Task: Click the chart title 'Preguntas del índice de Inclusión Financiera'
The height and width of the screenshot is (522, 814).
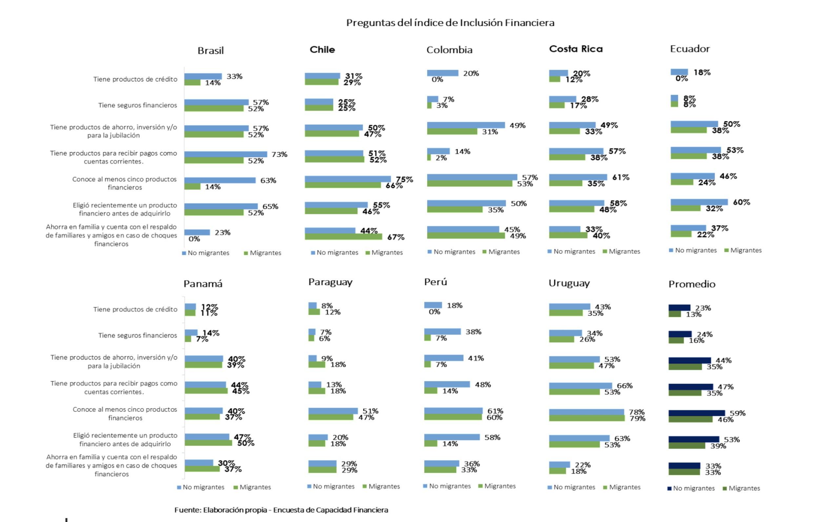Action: (x=450, y=23)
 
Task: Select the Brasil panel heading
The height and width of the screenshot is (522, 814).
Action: (x=211, y=50)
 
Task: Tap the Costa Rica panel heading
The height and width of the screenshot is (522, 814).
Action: (x=576, y=49)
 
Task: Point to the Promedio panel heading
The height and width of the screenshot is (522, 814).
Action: (x=692, y=284)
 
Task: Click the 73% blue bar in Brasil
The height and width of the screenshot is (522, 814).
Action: (x=225, y=154)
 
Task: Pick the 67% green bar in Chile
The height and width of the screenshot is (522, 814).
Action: (x=343, y=237)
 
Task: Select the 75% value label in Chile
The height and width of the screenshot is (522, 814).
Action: (x=404, y=179)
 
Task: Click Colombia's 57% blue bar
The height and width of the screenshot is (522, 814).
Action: (x=472, y=177)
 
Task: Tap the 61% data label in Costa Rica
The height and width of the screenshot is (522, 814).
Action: (x=621, y=177)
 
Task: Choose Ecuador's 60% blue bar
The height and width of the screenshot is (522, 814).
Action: (x=699, y=202)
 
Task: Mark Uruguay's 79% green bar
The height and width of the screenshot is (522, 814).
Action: (x=586, y=418)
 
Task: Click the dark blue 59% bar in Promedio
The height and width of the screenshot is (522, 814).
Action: (x=696, y=413)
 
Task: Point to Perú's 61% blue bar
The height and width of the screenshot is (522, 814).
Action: (x=453, y=411)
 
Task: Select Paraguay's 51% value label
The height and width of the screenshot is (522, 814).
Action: (x=370, y=411)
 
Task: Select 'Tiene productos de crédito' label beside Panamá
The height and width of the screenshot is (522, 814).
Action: (x=135, y=309)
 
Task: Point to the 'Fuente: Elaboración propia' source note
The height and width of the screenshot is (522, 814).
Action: (x=281, y=510)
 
